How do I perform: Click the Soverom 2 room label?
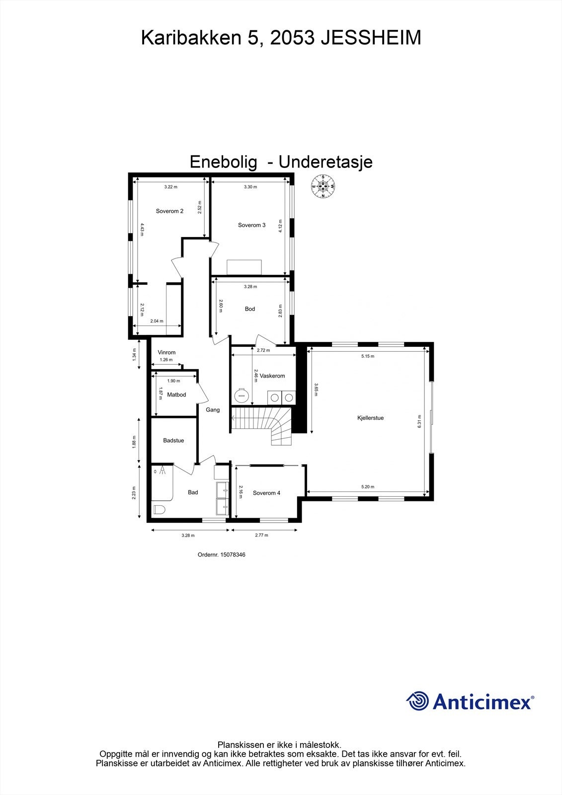[x=169, y=211]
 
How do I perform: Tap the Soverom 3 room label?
[x=251, y=225]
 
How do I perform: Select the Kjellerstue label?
[x=370, y=418]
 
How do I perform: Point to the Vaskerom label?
[x=272, y=376]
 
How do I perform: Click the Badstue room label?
[x=173, y=440]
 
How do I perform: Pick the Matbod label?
[x=176, y=395]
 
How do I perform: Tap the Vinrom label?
[x=166, y=352]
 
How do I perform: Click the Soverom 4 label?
[x=266, y=493]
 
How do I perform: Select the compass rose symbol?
[x=323, y=187]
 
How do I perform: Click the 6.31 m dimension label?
[x=419, y=421]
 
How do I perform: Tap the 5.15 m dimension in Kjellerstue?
[x=368, y=356]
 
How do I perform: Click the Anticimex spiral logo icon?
[x=418, y=702]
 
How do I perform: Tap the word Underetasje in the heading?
[x=325, y=162]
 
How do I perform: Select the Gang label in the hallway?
[x=213, y=410]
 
